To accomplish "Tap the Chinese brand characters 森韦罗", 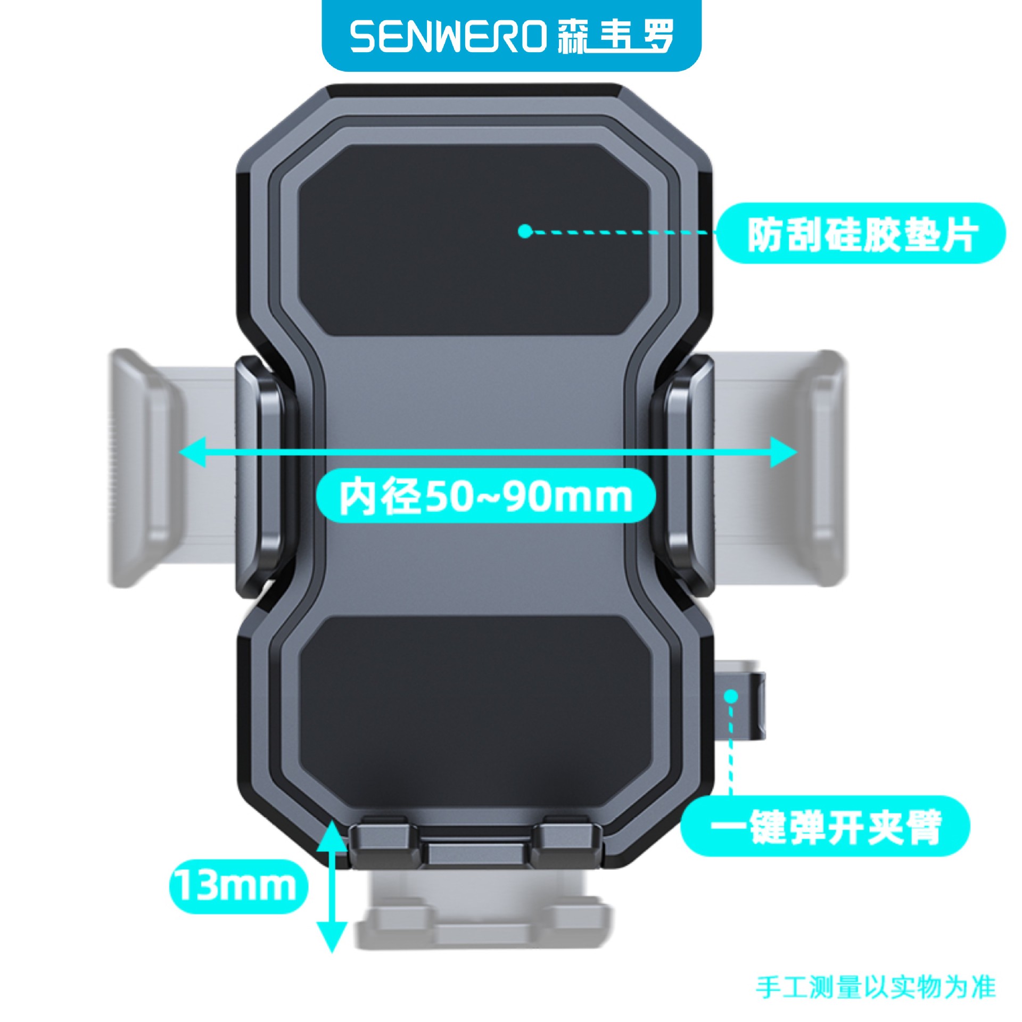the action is tap(616, 37).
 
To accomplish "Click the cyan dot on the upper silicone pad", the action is tap(525, 231).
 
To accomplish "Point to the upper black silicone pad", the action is tap(474, 240).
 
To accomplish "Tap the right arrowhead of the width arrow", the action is tap(784, 452).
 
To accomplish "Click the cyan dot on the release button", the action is tap(731, 695).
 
